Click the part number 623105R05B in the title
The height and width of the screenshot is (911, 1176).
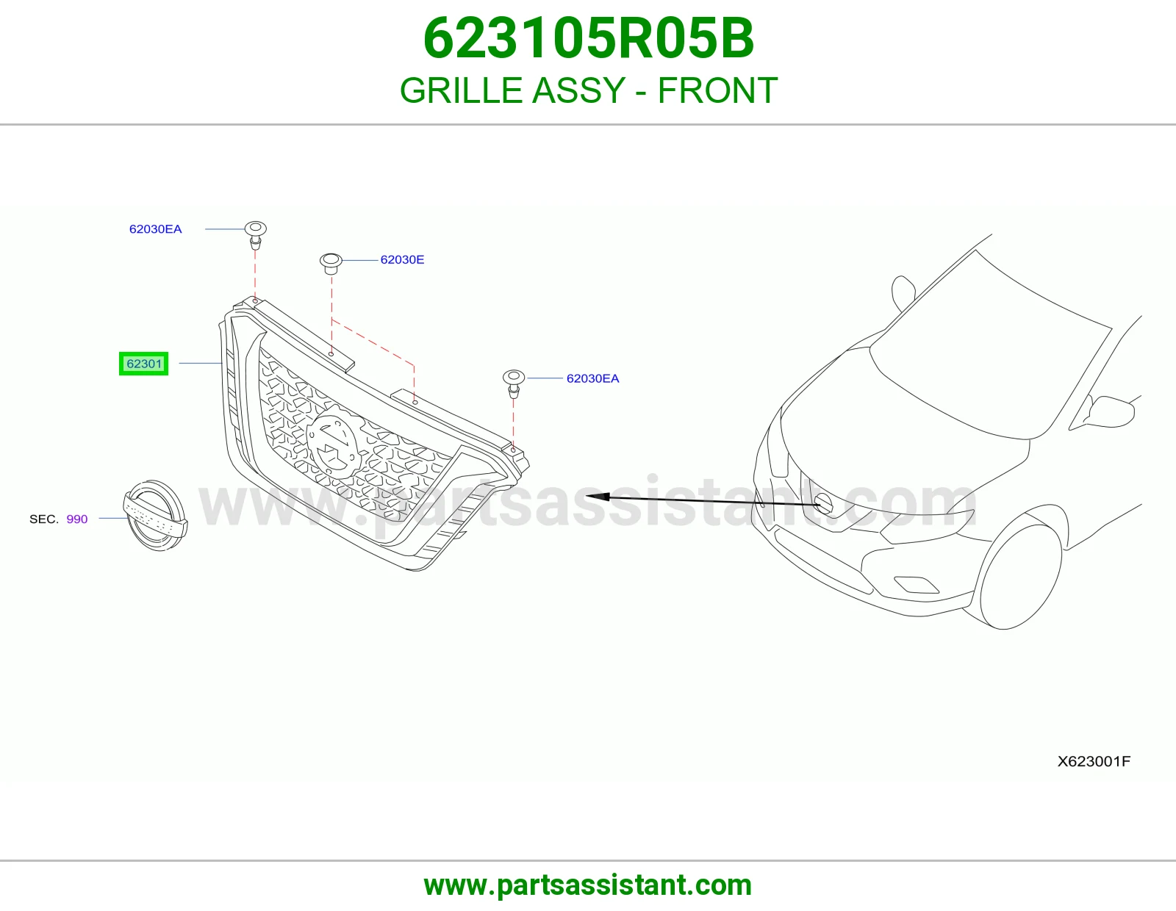[x=588, y=38]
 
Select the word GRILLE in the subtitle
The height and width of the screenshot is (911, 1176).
[x=461, y=90]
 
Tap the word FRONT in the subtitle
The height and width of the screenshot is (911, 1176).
[x=717, y=90]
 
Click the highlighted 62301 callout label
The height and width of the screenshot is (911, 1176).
[x=143, y=364]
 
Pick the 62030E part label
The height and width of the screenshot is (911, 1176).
[x=402, y=259]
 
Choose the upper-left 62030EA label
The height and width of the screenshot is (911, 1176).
[x=155, y=229]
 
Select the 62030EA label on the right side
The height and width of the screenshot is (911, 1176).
[x=592, y=378]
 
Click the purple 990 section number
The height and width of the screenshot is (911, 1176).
[x=77, y=519]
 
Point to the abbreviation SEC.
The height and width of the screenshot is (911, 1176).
[x=44, y=519]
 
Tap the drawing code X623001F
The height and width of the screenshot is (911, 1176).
[x=1094, y=761]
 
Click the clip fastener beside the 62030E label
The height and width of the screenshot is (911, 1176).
[x=331, y=264]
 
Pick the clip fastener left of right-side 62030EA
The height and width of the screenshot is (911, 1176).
[x=514, y=384]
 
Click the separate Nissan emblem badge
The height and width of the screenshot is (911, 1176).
[x=156, y=516]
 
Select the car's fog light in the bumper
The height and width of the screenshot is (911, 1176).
[x=917, y=584]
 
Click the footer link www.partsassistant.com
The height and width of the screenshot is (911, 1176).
[x=588, y=885]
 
